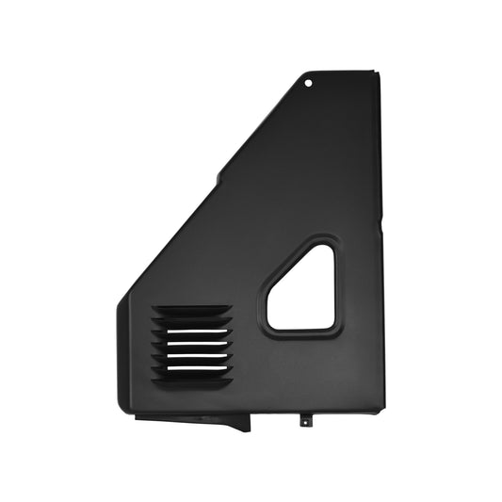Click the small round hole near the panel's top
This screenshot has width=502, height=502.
tap(309, 83)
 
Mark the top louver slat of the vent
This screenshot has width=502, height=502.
tap(192, 310)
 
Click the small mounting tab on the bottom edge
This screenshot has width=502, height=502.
tap(304, 421)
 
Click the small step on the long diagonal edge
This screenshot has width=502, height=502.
tap(219, 176)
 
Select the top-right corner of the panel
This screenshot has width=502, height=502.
tap(379, 73)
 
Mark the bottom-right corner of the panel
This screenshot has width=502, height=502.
tap(381, 411)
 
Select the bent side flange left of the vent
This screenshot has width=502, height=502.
tap(122, 358)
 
